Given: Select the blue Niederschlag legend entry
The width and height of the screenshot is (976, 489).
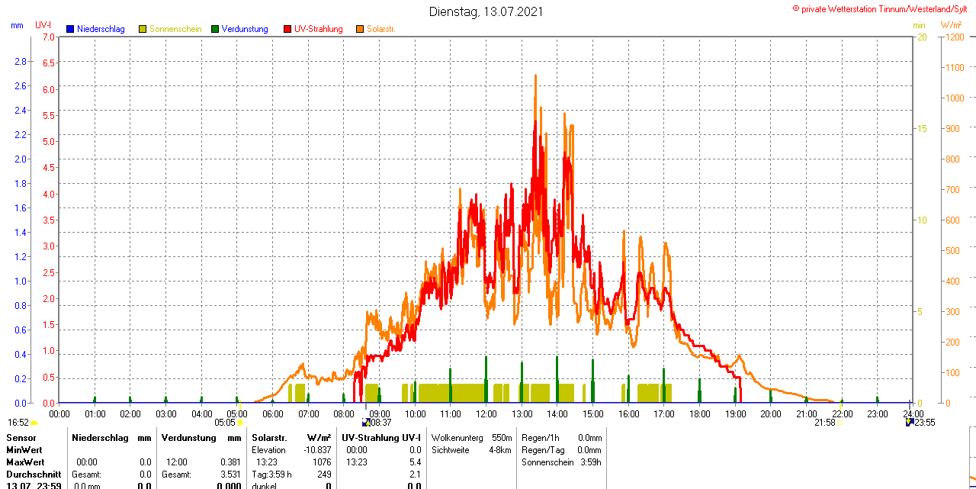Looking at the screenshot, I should coord(95,29).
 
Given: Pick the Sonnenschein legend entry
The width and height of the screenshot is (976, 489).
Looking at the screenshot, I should coord(170,29).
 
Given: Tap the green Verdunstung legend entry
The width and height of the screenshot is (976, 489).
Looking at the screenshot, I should coord(239,29).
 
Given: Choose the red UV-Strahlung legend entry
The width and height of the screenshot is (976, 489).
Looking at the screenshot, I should coord(313,29).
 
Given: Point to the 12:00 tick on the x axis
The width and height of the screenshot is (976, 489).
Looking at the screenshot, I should coord(486,414).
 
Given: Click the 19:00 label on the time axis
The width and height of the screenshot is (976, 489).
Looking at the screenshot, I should coord(735,414).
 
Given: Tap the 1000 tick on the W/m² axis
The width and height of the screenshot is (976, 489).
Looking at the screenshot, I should coord(954,98).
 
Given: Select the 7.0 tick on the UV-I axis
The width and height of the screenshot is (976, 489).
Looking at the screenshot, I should coord(48,37).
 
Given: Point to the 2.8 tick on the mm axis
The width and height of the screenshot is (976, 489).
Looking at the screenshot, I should coord(21,61).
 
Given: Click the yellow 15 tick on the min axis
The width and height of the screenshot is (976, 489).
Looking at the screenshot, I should coord(921,128).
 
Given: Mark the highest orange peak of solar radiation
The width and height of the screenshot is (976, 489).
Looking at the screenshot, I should coord(535,76).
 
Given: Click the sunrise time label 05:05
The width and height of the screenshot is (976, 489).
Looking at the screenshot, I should coord(225,422).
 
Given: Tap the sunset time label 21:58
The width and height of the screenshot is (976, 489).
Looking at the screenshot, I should coord(825,422).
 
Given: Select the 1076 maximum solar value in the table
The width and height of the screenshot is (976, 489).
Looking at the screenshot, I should coord(321,462).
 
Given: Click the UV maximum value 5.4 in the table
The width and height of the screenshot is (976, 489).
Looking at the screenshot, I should coord(416,462).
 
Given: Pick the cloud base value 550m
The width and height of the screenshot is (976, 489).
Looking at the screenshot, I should coord(502,438).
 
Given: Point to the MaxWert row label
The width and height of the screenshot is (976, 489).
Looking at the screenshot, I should coord(25,462).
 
